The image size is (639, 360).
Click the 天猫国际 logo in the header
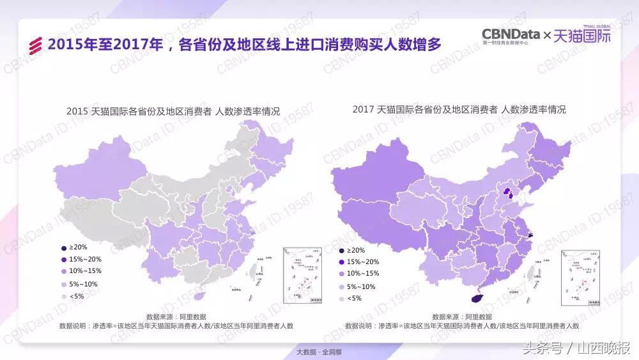click(x=581, y=36)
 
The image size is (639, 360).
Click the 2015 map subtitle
click(x=173, y=111)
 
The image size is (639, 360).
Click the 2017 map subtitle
click(x=459, y=109)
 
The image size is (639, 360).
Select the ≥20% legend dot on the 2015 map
click(x=63, y=247)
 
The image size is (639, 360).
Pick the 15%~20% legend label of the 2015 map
click(x=86, y=259)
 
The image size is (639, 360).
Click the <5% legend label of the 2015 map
click(x=76, y=295)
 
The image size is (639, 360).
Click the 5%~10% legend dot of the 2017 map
click(x=341, y=286)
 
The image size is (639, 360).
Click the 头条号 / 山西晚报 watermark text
click(x=577, y=348)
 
